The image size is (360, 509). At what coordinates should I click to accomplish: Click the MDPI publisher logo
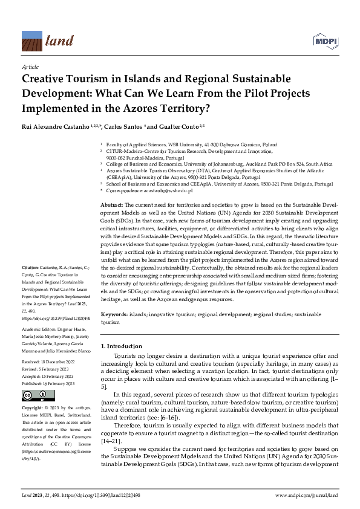click(324, 42)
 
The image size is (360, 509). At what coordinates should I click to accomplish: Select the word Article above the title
click(30, 66)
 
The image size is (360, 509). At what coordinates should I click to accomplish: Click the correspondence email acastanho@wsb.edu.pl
click(165, 190)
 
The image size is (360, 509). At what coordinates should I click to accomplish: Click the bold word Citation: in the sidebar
click(30, 267)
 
